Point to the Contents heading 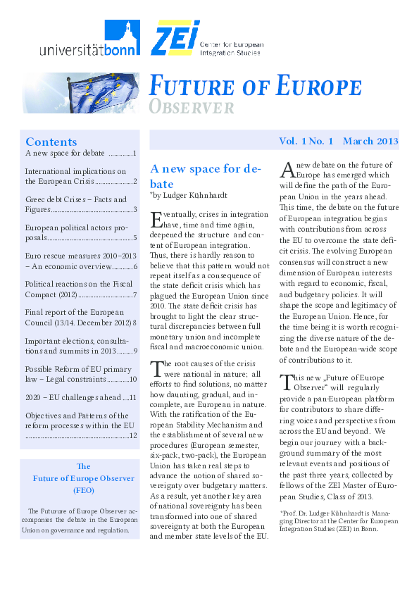pos(51,142)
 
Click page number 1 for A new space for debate pos(134,153)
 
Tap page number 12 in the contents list pos(132,436)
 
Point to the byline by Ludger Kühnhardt pos(192,193)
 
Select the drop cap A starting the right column pos(287,170)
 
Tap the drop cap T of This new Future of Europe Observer pos(287,383)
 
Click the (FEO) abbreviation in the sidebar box pos(83,490)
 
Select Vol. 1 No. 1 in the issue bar pos(305,142)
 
